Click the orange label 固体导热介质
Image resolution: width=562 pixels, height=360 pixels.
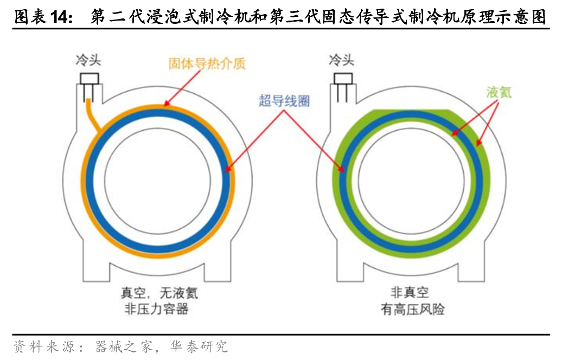coord(207,63)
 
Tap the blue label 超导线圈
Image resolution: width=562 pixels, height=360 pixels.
coord(284,100)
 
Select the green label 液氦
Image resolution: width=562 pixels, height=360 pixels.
coord(499,92)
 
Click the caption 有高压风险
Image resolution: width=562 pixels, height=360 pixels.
coord(410,310)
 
